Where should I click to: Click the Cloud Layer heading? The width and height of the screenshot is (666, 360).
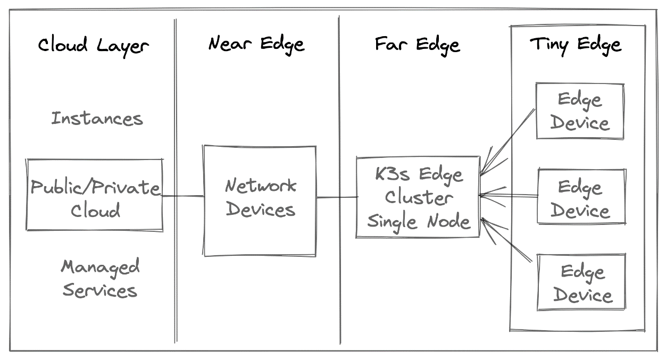[93, 45]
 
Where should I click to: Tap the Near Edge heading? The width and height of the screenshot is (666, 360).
[256, 44]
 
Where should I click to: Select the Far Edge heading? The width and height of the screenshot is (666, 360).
[417, 44]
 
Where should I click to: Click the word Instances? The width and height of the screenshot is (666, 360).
[97, 118]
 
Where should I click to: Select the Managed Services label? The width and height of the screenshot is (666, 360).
[100, 278]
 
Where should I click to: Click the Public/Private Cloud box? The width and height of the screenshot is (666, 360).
[95, 195]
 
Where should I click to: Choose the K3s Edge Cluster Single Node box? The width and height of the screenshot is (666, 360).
[418, 197]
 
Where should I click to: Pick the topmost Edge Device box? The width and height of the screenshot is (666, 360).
[579, 111]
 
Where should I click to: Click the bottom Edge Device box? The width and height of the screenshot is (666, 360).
[581, 282]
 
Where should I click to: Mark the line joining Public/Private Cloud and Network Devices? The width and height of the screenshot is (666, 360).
[182, 196]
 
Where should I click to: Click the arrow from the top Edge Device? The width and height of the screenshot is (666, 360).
[508, 142]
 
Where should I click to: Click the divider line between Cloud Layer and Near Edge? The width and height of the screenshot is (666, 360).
[175, 181]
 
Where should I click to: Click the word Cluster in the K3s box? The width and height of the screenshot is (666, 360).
[418, 198]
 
